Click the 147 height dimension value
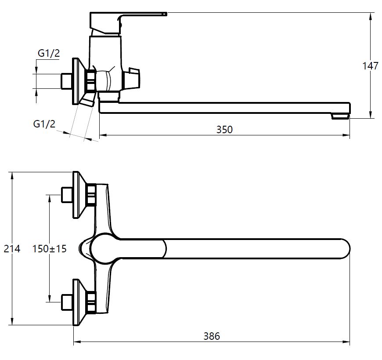click(370, 66)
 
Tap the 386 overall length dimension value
click(212, 336)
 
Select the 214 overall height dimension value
click(12, 249)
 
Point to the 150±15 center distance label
click(49, 249)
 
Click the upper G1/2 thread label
click(48, 53)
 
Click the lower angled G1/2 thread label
click(44, 124)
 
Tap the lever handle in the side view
click(127, 18)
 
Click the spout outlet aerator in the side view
click(340, 116)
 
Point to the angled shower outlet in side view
click(88, 101)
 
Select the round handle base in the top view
click(104, 249)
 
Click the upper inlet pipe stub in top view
click(66, 194)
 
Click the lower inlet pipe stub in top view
click(66, 302)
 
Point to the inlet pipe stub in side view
click(66, 80)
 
